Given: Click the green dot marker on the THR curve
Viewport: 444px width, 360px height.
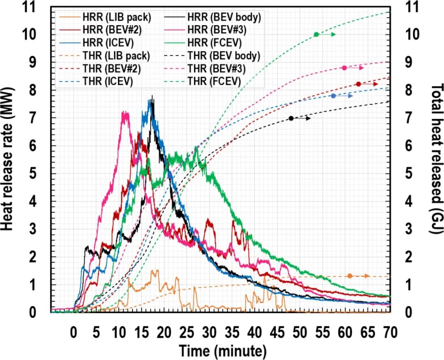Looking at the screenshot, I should (316, 35).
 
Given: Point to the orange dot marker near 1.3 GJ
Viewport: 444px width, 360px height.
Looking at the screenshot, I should (350, 276).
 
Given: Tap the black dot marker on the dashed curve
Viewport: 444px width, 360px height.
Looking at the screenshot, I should (291, 118).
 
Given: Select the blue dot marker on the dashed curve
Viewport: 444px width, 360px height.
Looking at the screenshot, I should (333, 96).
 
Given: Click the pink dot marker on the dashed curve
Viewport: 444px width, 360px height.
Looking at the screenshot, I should (345, 68).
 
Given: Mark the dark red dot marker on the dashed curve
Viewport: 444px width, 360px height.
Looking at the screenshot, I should (358, 84).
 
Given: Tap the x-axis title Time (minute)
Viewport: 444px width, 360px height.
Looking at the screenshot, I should (222, 351).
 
